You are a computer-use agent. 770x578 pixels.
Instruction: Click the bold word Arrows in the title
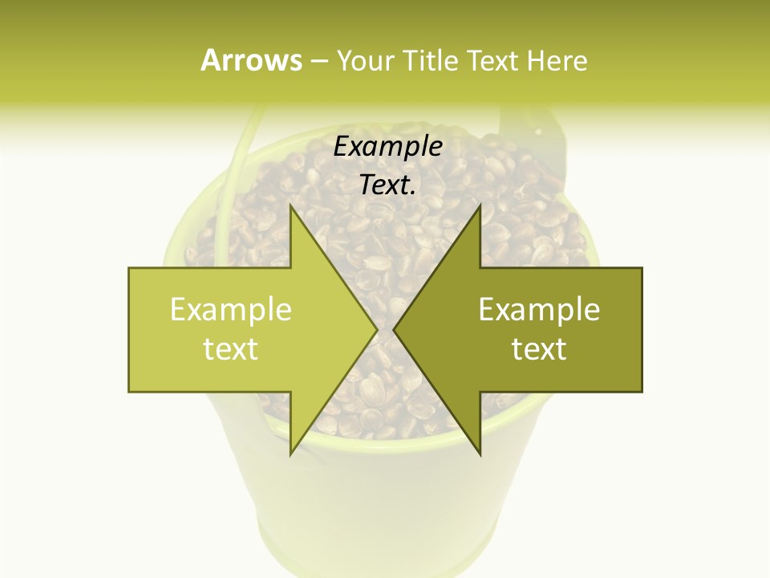click(x=250, y=60)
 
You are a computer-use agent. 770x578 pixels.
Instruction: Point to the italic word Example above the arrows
click(x=387, y=147)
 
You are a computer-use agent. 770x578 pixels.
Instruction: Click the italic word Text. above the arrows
click(x=387, y=185)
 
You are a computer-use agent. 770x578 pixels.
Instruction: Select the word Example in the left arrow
click(x=231, y=310)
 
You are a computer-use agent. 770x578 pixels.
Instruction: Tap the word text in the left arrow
click(x=231, y=348)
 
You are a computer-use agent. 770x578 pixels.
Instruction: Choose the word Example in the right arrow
click(x=539, y=310)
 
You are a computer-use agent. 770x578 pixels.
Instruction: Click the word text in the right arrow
click(x=539, y=348)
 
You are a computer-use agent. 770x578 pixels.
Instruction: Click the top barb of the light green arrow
click(x=292, y=210)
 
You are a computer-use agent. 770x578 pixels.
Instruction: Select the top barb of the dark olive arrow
click(x=479, y=210)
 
